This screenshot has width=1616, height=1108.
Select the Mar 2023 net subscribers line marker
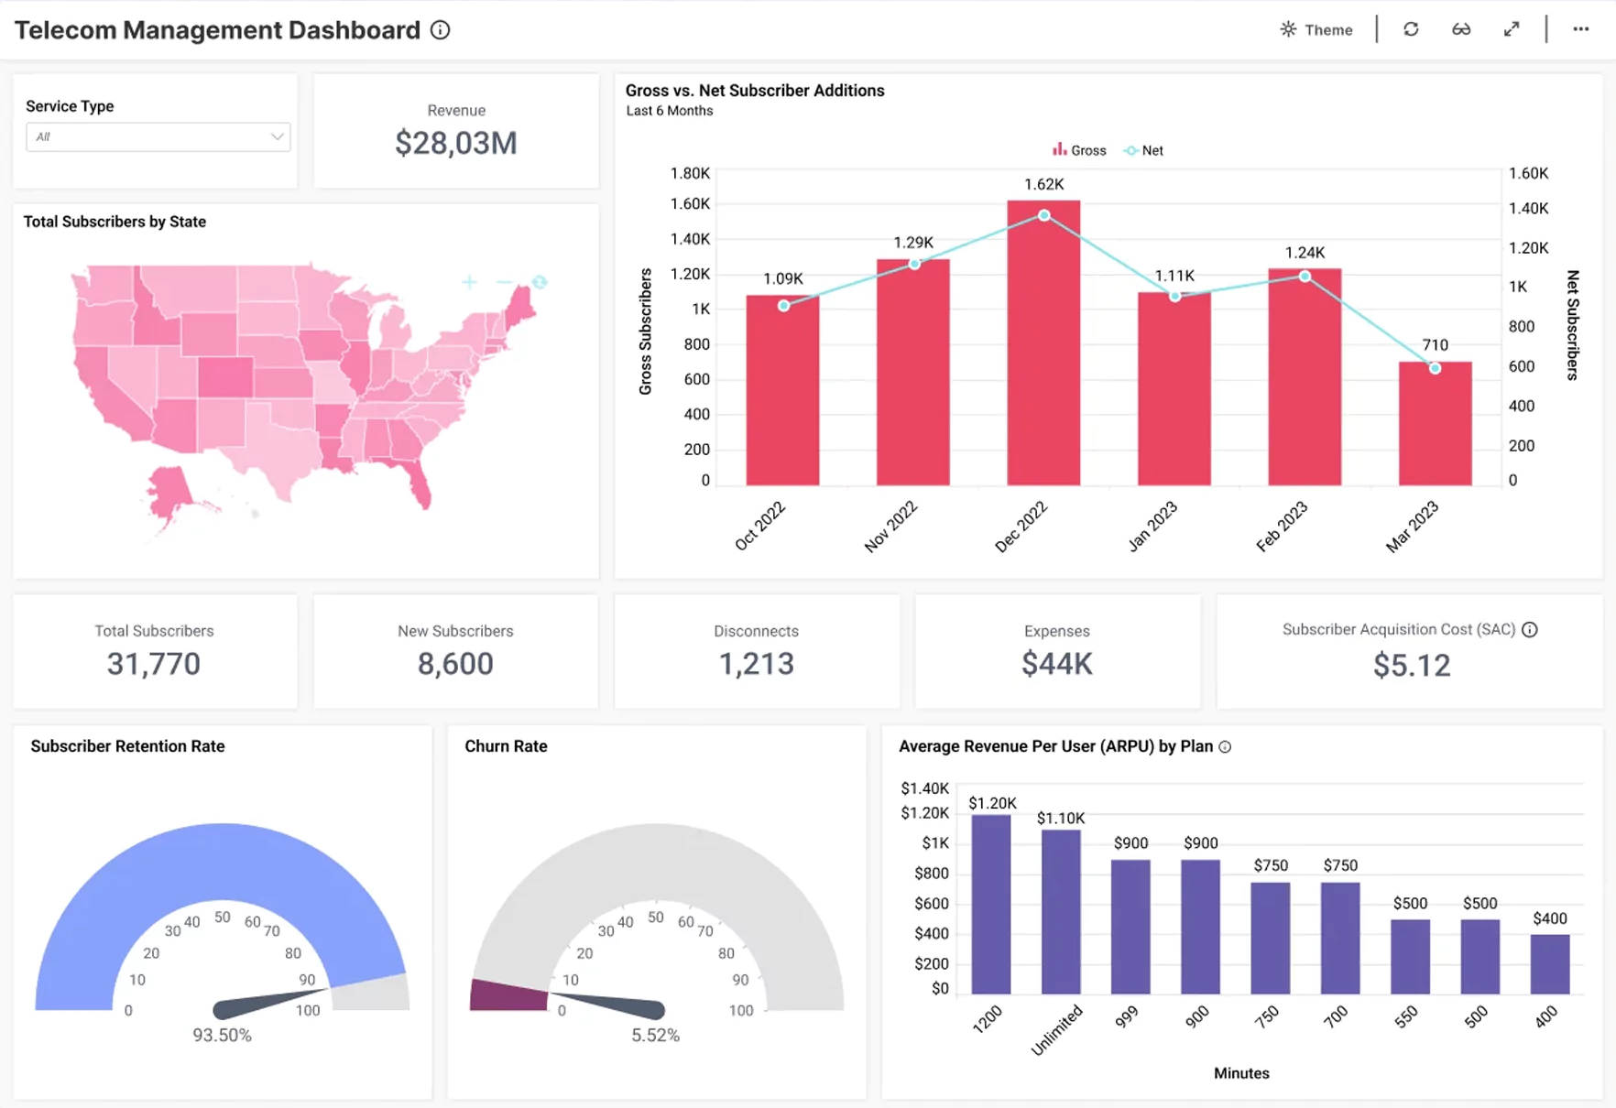pos(1435,368)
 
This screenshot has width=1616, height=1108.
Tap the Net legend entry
pos(1144,150)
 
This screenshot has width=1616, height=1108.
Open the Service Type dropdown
pos(158,137)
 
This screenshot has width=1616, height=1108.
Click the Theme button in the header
pos(1316,29)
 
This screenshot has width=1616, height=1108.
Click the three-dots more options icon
pos(1580,29)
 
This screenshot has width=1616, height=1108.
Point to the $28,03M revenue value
pos(456,143)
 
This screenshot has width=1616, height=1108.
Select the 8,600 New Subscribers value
pos(455,664)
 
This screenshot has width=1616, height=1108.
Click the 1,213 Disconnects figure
pos(756,664)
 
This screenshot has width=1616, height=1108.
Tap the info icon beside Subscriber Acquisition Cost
pos(1529,630)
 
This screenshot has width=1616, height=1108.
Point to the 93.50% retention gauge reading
pos(222,1036)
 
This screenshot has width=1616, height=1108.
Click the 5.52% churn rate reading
pos(655,1036)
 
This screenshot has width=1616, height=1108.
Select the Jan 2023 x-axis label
pos(1152,527)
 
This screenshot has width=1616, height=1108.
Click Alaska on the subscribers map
pos(170,491)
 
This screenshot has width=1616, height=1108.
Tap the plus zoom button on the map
pos(469,282)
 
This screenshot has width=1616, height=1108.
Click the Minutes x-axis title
pos(1241,1073)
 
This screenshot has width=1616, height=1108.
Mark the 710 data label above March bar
pos(1435,345)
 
